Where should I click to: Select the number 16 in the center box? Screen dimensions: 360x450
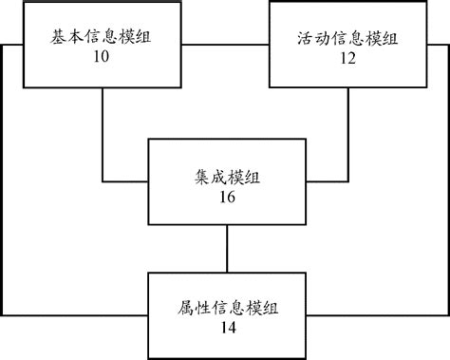[x=226, y=198]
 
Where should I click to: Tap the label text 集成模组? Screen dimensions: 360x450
[x=226, y=178]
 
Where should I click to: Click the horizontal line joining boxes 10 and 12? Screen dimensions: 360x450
[x=222, y=46]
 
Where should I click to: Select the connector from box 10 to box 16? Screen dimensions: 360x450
[x=103, y=142]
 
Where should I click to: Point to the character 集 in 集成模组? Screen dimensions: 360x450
[x=199, y=178]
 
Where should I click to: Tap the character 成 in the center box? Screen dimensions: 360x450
[x=217, y=178]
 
